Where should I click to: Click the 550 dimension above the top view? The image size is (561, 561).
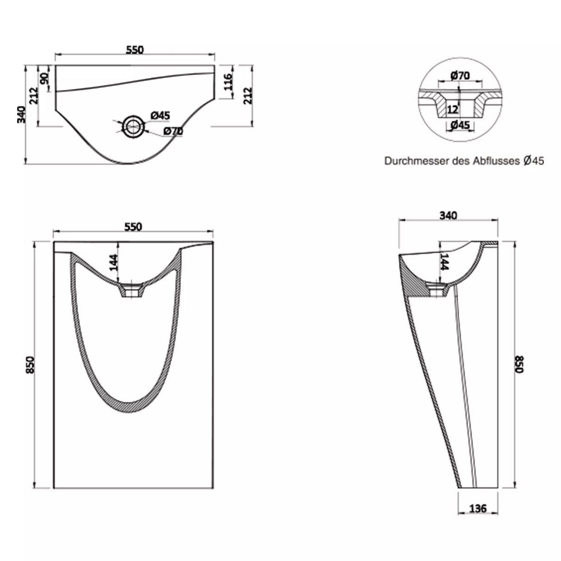click(x=135, y=49)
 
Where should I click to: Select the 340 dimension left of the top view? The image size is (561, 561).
click(x=20, y=115)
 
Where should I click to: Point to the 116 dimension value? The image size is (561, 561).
click(x=227, y=82)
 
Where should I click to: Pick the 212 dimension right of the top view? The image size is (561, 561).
click(x=248, y=96)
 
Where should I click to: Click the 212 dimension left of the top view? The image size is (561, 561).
click(x=32, y=96)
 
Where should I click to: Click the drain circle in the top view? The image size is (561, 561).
click(x=133, y=125)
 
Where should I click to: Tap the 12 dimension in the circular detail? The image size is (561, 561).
click(x=452, y=110)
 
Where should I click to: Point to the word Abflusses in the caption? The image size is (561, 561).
click(x=497, y=161)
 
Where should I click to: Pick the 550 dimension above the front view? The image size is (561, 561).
click(x=133, y=226)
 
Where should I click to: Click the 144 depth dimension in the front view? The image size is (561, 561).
click(x=114, y=262)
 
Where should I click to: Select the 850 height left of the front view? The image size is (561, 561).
click(x=30, y=365)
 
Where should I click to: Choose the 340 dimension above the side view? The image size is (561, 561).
click(x=448, y=215)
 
